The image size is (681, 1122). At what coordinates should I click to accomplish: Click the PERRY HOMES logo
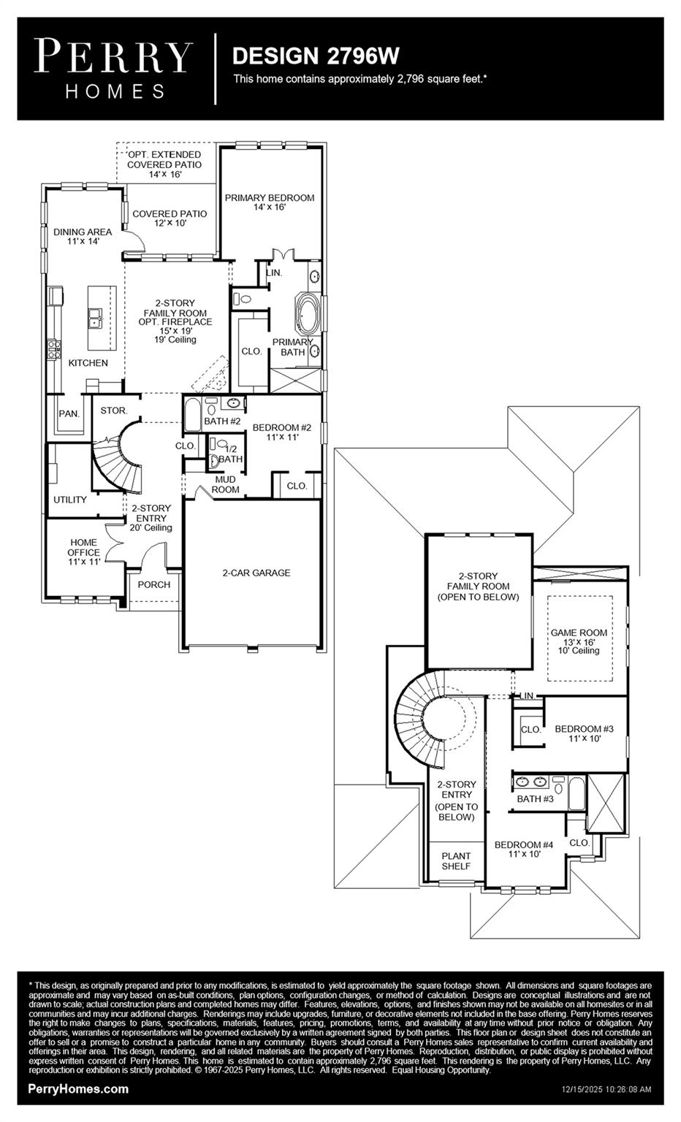tap(115, 69)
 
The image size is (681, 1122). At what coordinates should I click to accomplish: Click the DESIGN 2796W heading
tap(315, 56)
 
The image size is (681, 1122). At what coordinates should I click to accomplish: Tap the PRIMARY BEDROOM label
tap(270, 202)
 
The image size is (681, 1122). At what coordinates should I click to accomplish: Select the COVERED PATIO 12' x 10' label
tap(170, 218)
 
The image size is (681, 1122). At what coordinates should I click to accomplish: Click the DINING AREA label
tap(83, 235)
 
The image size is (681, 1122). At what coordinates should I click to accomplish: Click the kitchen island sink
tap(96, 318)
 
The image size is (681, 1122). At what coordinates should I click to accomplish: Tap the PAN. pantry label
tap(69, 413)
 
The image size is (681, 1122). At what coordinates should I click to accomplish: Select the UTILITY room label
tap(70, 500)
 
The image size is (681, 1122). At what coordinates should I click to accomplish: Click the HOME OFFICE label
tap(83, 552)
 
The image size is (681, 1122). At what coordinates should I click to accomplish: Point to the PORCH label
tap(153, 584)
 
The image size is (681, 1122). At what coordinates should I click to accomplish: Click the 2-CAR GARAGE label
tap(256, 573)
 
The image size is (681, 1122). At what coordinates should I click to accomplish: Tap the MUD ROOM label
tap(225, 484)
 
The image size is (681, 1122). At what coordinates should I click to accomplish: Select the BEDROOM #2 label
tap(282, 432)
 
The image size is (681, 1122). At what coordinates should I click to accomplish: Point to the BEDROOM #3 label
tap(584, 733)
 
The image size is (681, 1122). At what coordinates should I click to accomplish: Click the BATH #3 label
tap(535, 798)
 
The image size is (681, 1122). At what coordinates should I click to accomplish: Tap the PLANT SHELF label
tap(456, 860)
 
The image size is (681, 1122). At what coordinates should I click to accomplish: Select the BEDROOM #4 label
tap(523, 849)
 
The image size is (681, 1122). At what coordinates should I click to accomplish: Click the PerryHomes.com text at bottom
tap(78, 1088)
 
